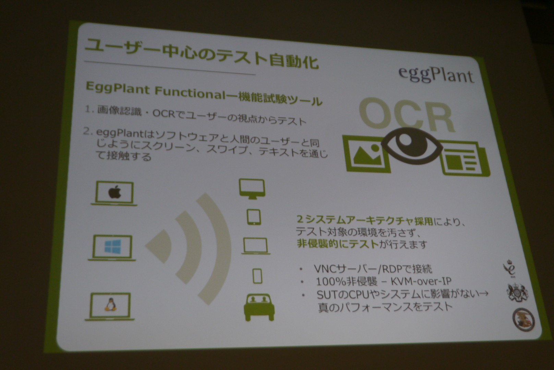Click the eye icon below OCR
[412, 146]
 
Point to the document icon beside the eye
[465, 158]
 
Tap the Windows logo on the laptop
[113, 247]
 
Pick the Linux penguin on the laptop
[110, 305]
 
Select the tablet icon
[254, 217]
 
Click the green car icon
[259, 307]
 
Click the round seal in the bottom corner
[523, 319]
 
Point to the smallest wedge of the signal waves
[159, 246]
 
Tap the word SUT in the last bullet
[326, 294]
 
